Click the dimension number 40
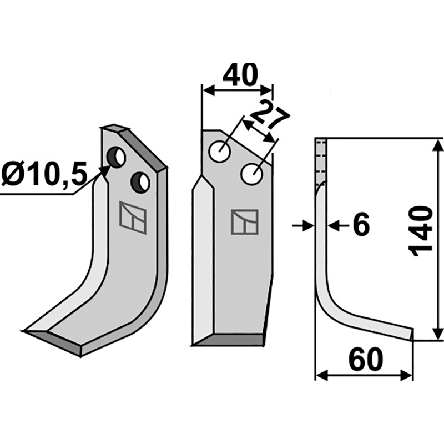(240, 74)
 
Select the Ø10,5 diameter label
(44, 175)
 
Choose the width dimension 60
(366, 360)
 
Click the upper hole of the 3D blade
(116, 157)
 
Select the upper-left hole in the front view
(219, 151)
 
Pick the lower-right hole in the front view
(252, 174)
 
